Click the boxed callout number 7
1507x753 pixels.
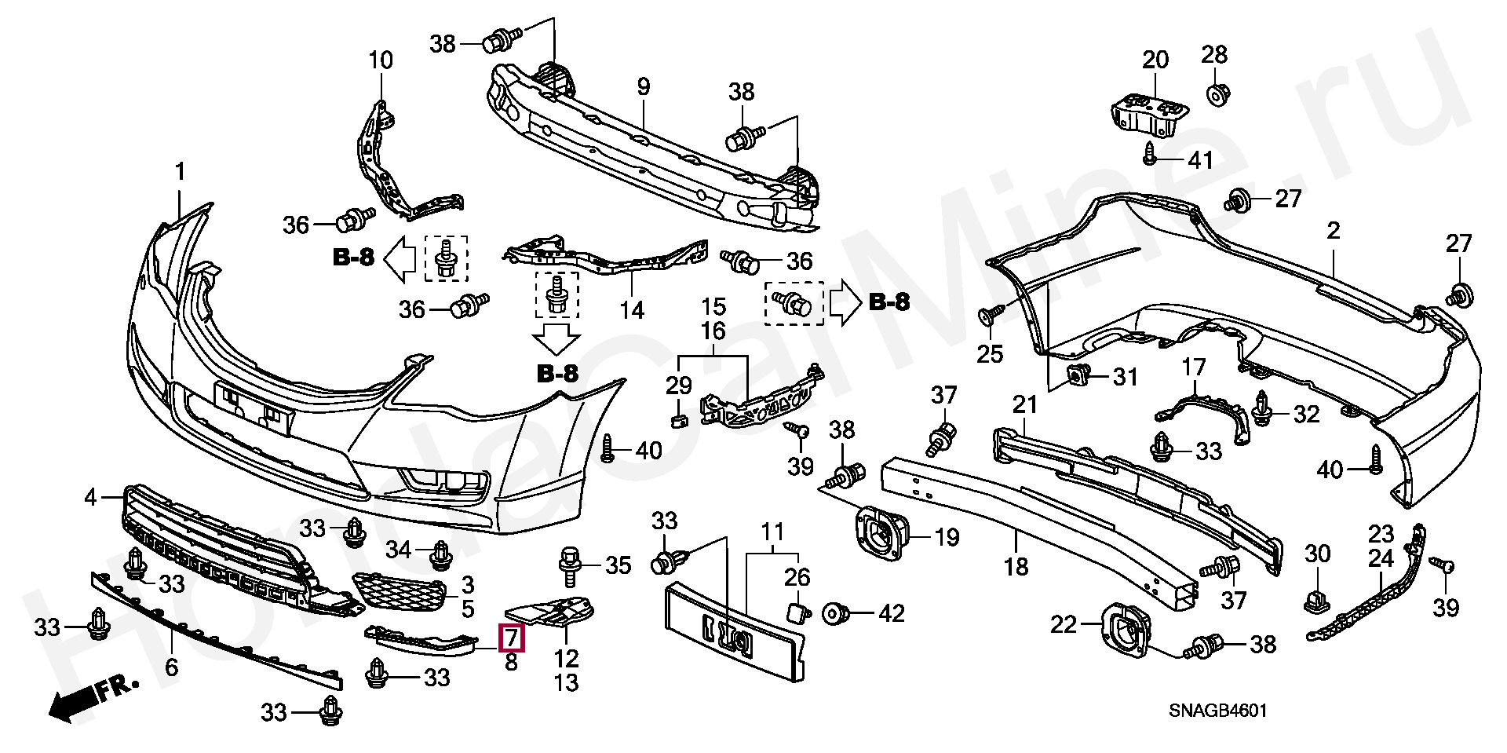tap(512, 637)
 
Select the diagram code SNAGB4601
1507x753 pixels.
tap(1217, 711)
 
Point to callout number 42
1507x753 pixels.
tap(892, 612)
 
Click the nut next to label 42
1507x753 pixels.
tap(834, 613)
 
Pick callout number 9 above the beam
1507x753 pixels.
tap(644, 86)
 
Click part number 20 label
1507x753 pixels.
tap(1155, 60)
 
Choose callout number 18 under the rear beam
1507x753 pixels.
tap(1016, 566)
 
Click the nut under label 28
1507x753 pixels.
tap(1216, 95)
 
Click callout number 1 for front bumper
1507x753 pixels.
tap(180, 171)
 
